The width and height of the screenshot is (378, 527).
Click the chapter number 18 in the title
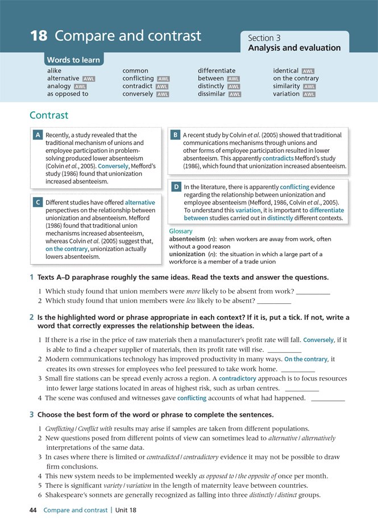point(38,36)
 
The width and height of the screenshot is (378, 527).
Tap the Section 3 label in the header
point(264,38)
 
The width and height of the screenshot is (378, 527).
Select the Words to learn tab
point(73,60)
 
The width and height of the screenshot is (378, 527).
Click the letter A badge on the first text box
point(38,135)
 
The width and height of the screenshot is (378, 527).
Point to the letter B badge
point(176,135)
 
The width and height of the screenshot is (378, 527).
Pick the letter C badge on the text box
point(38,202)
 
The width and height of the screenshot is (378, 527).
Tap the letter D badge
point(176,187)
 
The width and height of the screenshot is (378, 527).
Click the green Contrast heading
point(49,115)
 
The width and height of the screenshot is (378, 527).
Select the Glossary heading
point(181,231)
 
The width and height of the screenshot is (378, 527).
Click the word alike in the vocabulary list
point(55,71)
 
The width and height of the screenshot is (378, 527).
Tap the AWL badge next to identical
point(308,71)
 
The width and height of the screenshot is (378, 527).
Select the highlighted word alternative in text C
point(140,202)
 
